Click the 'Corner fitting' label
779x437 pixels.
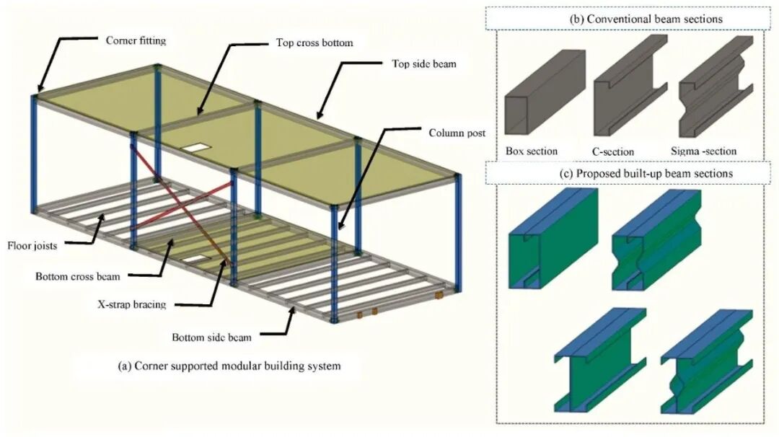136,40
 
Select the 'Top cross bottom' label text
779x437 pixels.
314,43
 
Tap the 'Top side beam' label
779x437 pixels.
424,63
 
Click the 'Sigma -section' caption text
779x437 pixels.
703,151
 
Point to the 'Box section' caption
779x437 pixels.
532,151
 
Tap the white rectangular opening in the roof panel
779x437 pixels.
193,148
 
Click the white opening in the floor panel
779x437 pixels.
193,258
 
